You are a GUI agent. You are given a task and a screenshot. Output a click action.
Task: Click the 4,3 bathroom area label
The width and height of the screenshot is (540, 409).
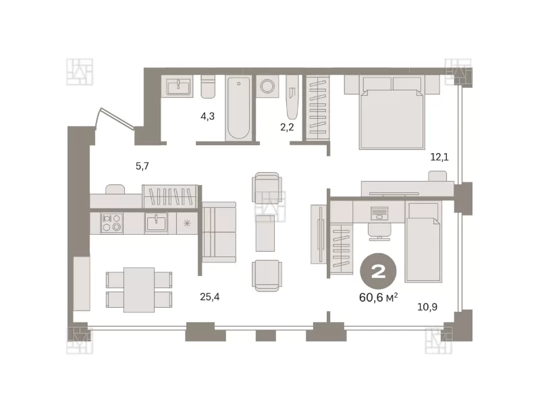pos(207,116)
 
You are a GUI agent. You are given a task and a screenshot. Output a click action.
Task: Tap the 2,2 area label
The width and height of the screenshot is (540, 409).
pos(287,127)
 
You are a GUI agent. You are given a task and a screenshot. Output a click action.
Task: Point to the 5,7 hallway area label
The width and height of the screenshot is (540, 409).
pos(142,166)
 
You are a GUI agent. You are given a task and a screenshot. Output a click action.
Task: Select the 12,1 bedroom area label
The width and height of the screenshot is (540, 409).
pos(439,157)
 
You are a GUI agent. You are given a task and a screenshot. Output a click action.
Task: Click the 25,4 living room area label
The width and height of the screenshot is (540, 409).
pos(210,296)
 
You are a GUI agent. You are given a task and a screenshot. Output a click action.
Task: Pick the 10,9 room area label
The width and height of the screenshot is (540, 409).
pos(427,306)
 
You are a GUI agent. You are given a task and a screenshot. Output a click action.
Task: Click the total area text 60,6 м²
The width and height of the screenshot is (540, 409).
pos(379,297)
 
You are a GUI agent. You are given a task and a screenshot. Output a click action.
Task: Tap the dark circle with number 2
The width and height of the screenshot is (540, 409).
pos(378,271)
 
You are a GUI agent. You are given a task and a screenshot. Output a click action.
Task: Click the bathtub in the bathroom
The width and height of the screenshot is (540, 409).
pos(238,108)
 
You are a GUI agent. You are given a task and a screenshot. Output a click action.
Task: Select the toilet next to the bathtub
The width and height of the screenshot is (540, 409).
pos(208,86)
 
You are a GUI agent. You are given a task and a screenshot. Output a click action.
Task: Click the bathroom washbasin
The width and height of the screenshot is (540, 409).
pos(178,86)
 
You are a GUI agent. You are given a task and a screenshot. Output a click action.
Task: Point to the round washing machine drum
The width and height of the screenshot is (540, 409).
pos(267,86)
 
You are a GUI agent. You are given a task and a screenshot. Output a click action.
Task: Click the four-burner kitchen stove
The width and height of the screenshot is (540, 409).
pos(111,223)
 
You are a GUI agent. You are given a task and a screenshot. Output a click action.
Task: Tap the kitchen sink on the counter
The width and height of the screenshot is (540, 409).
pos(156,223)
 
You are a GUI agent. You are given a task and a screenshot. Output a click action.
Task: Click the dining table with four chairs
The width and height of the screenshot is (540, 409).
pos(139,290)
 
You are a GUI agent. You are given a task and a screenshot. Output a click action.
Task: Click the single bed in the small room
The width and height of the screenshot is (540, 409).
pos(423,242)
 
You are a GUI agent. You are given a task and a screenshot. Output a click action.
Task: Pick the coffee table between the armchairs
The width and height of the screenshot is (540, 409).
pos(265,233)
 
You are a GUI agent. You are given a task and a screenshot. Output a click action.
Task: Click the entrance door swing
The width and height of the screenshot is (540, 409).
pos(115,119)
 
